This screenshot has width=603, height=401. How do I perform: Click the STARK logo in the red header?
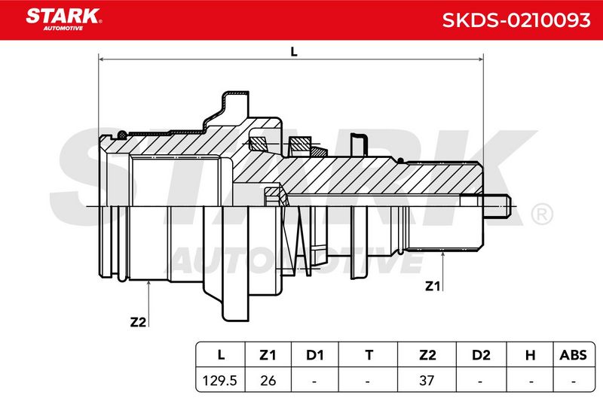click(64, 20)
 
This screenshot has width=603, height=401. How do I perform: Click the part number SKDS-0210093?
click(516, 20)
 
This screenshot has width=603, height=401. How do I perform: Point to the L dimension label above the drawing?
click(294, 51)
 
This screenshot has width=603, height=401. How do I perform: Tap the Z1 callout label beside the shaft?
click(432, 286)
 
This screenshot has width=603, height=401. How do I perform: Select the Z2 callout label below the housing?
click(139, 321)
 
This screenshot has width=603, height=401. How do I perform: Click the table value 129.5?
click(219, 380)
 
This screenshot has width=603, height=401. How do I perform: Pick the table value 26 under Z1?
click(268, 380)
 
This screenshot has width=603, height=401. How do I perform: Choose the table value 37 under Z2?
click(427, 380)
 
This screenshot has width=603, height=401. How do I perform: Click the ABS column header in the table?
click(573, 355)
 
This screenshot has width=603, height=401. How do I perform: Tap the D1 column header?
click(314, 355)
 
